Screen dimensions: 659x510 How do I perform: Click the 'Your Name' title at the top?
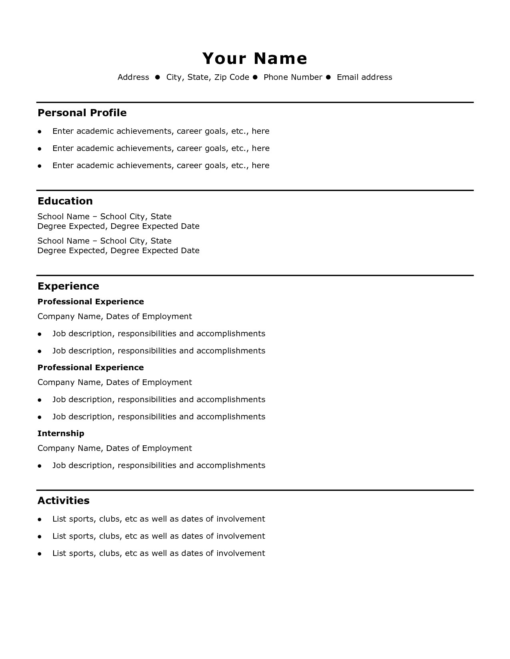click(x=255, y=58)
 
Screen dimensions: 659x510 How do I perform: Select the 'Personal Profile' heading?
click(x=82, y=113)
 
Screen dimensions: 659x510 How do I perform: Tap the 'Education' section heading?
click(x=65, y=201)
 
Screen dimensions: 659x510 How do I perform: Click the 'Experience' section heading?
click(x=68, y=286)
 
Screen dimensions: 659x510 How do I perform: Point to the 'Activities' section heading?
click(x=63, y=500)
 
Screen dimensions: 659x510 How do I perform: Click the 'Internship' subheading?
click(x=61, y=433)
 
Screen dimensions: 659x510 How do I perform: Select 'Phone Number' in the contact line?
click(x=293, y=77)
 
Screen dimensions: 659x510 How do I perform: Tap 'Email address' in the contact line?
click(x=364, y=77)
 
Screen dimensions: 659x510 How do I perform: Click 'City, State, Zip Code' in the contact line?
click(x=208, y=77)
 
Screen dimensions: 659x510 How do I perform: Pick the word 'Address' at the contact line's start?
click(x=133, y=77)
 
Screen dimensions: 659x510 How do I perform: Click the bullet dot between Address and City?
click(x=158, y=77)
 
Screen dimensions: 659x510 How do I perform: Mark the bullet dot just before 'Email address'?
click(x=329, y=77)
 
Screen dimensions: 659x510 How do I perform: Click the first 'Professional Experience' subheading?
click(x=90, y=302)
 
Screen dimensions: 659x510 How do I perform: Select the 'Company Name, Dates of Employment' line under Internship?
click(x=115, y=448)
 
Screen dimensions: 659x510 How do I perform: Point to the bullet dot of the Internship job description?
click(x=40, y=466)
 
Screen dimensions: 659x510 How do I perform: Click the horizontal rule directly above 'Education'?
click(x=255, y=191)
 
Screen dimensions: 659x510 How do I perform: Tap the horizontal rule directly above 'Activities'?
click(x=255, y=490)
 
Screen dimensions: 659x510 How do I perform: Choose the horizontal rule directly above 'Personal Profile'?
click(x=255, y=103)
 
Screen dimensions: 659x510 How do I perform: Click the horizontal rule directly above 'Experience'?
click(x=255, y=276)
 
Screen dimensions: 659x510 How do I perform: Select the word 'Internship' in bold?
click(x=61, y=433)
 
